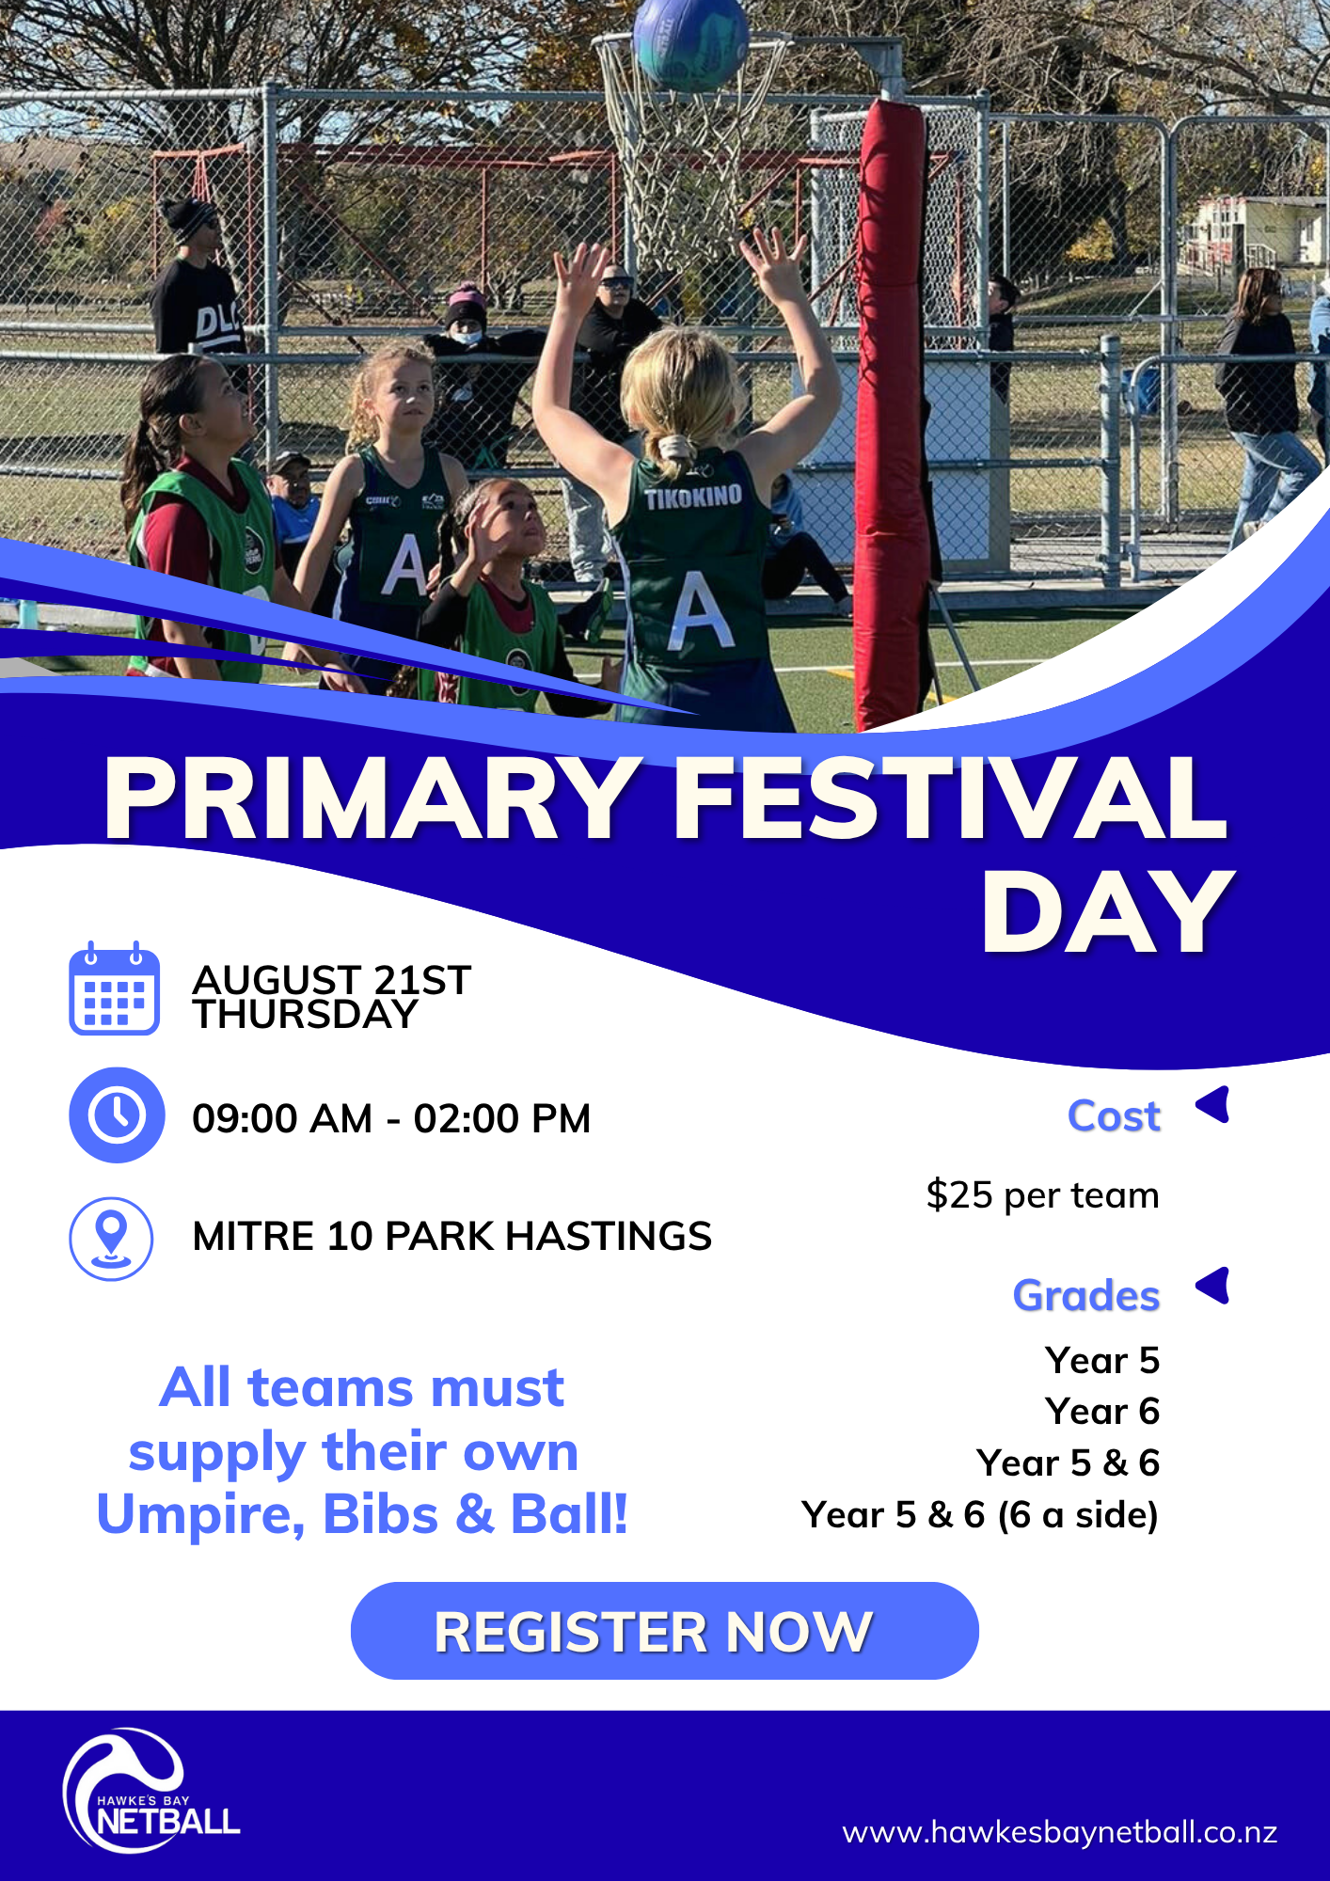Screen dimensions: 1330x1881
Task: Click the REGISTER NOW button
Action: coord(664,1631)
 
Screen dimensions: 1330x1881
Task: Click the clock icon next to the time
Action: coord(117,1115)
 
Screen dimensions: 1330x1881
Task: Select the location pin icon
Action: coord(111,1239)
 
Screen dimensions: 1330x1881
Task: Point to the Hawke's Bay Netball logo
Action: coord(150,1791)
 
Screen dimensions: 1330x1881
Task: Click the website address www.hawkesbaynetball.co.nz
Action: coord(1059,1832)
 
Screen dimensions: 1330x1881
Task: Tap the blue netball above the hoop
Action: coord(691,42)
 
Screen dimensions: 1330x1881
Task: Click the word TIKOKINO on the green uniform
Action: coord(693,497)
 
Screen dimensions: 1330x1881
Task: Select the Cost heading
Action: coord(1114,1116)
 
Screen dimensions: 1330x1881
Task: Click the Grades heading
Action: coord(1086,1295)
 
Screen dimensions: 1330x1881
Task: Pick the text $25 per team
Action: coord(1042,1195)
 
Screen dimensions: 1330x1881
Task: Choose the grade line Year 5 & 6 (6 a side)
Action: coord(979,1515)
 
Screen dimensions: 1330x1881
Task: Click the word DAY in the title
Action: coord(1107,912)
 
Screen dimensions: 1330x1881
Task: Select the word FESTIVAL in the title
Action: coord(951,798)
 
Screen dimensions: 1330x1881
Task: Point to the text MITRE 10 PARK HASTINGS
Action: coord(451,1236)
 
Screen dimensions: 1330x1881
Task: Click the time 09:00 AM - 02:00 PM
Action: coord(391,1118)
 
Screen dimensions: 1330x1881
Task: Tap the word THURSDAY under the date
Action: coord(305,1015)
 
